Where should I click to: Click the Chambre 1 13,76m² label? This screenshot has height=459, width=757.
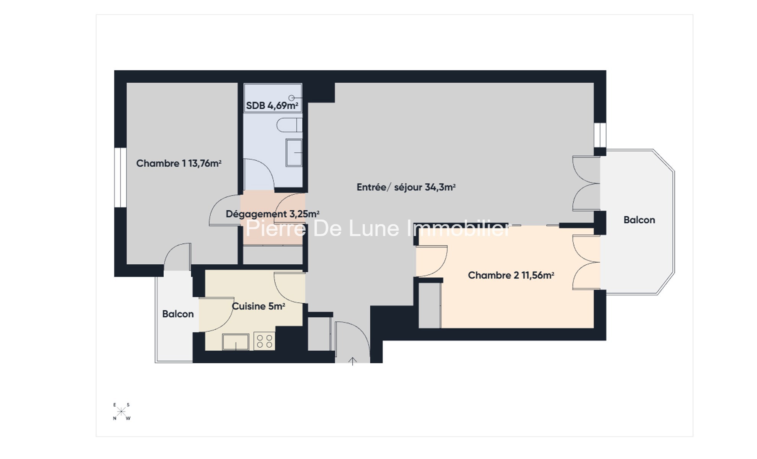179,163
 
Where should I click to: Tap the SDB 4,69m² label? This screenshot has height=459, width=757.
272,106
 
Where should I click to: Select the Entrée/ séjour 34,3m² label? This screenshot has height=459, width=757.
406,187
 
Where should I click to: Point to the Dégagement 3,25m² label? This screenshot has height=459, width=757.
272,214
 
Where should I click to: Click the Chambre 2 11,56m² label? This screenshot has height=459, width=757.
511,275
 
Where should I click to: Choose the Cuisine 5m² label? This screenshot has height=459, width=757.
259,306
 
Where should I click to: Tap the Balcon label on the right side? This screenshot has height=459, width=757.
639,220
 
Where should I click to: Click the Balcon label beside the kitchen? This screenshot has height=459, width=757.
178,314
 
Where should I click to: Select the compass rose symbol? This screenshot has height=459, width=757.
121,412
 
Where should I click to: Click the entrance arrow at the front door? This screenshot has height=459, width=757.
352,361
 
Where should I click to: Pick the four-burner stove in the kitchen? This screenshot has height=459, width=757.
264,341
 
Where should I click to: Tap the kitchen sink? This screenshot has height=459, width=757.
236,342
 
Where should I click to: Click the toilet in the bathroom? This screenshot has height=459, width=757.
290,125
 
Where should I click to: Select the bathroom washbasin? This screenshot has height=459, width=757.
294,153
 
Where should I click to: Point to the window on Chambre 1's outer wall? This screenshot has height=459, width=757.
120,177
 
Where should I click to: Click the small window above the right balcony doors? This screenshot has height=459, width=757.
600,135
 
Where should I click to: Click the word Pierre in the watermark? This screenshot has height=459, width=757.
276,228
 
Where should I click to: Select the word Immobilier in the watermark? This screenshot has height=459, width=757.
458,228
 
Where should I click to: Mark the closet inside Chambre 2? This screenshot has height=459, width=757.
430,305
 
